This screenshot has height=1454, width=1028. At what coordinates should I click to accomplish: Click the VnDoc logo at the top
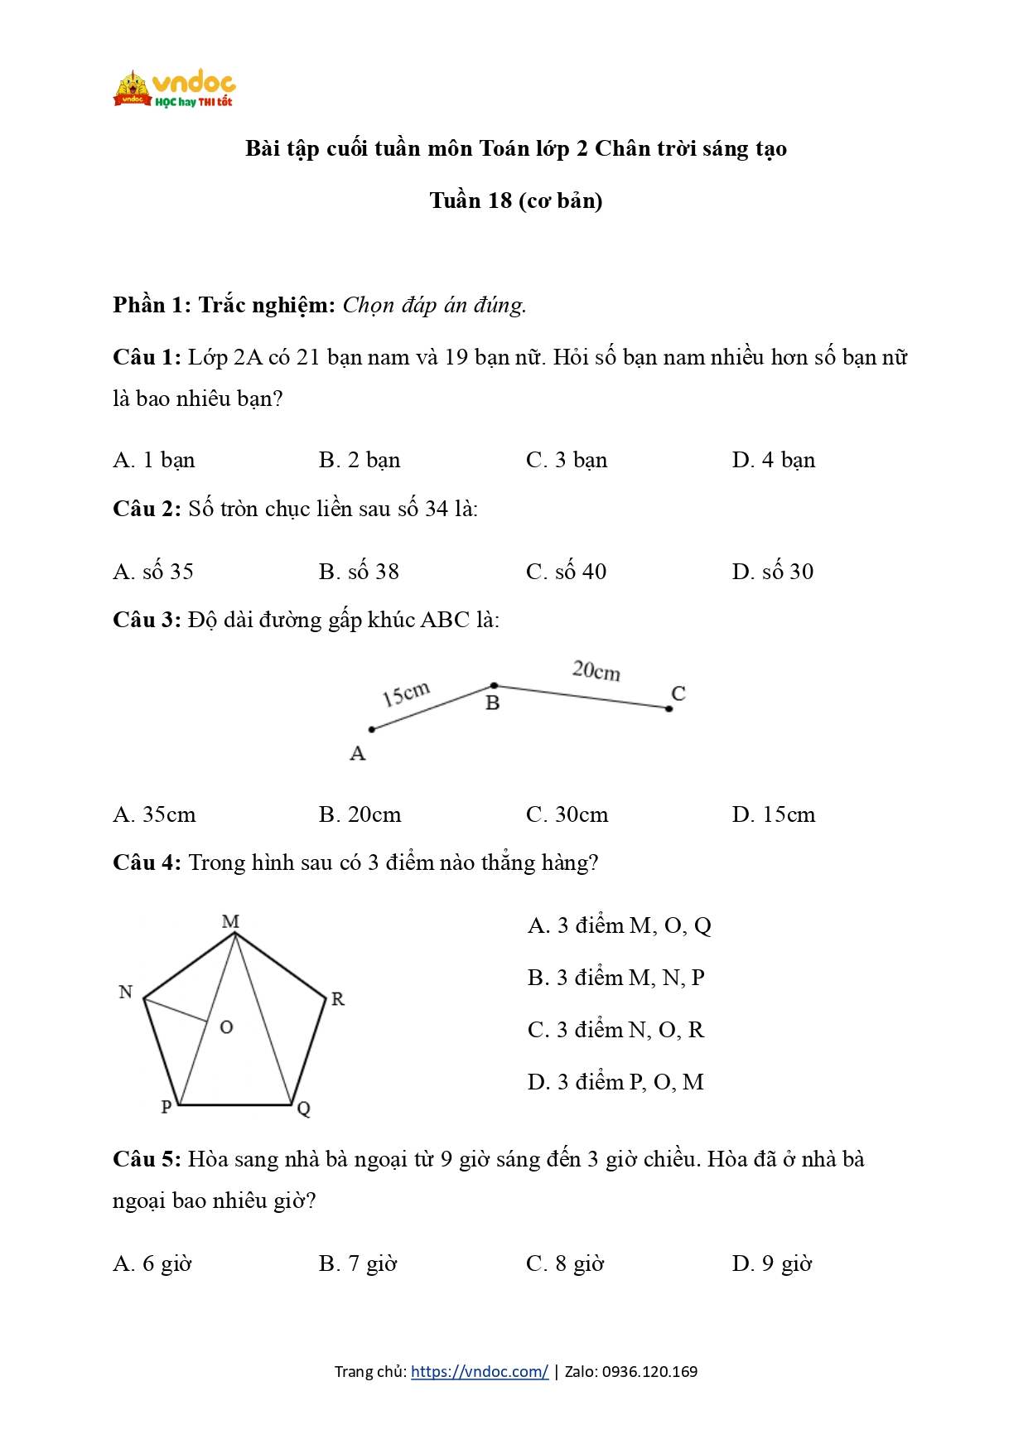[175, 89]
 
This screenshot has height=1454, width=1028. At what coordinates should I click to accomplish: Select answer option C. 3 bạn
[567, 461]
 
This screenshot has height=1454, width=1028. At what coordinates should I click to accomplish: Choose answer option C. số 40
[567, 572]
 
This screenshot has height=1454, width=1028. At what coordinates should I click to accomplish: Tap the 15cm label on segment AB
[406, 694]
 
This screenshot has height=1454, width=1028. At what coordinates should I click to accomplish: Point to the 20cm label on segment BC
[596, 670]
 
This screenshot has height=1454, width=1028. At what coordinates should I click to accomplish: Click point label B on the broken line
[493, 703]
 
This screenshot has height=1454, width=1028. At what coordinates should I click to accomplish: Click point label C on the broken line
[678, 693]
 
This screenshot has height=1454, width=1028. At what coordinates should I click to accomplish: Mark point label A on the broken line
[358, 754]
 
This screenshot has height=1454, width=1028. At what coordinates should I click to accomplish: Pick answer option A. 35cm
[155, 815]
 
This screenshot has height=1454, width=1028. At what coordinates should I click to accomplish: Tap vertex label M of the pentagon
[230, 921]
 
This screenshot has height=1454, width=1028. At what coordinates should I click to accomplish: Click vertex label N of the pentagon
[126, 993]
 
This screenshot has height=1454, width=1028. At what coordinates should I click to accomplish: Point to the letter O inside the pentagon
[226, 1027]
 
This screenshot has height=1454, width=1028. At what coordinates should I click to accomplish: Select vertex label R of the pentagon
[338, 999]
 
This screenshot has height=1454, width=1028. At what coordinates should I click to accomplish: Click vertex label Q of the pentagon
[304, 1109]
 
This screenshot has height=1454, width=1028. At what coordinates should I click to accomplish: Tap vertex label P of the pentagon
[167, 1107]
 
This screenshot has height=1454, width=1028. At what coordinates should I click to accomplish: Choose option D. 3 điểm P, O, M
[615, 1082]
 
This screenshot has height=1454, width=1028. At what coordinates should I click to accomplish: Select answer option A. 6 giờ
[152, 1264]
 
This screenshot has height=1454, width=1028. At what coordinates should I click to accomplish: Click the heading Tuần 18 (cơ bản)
[515, 201]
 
